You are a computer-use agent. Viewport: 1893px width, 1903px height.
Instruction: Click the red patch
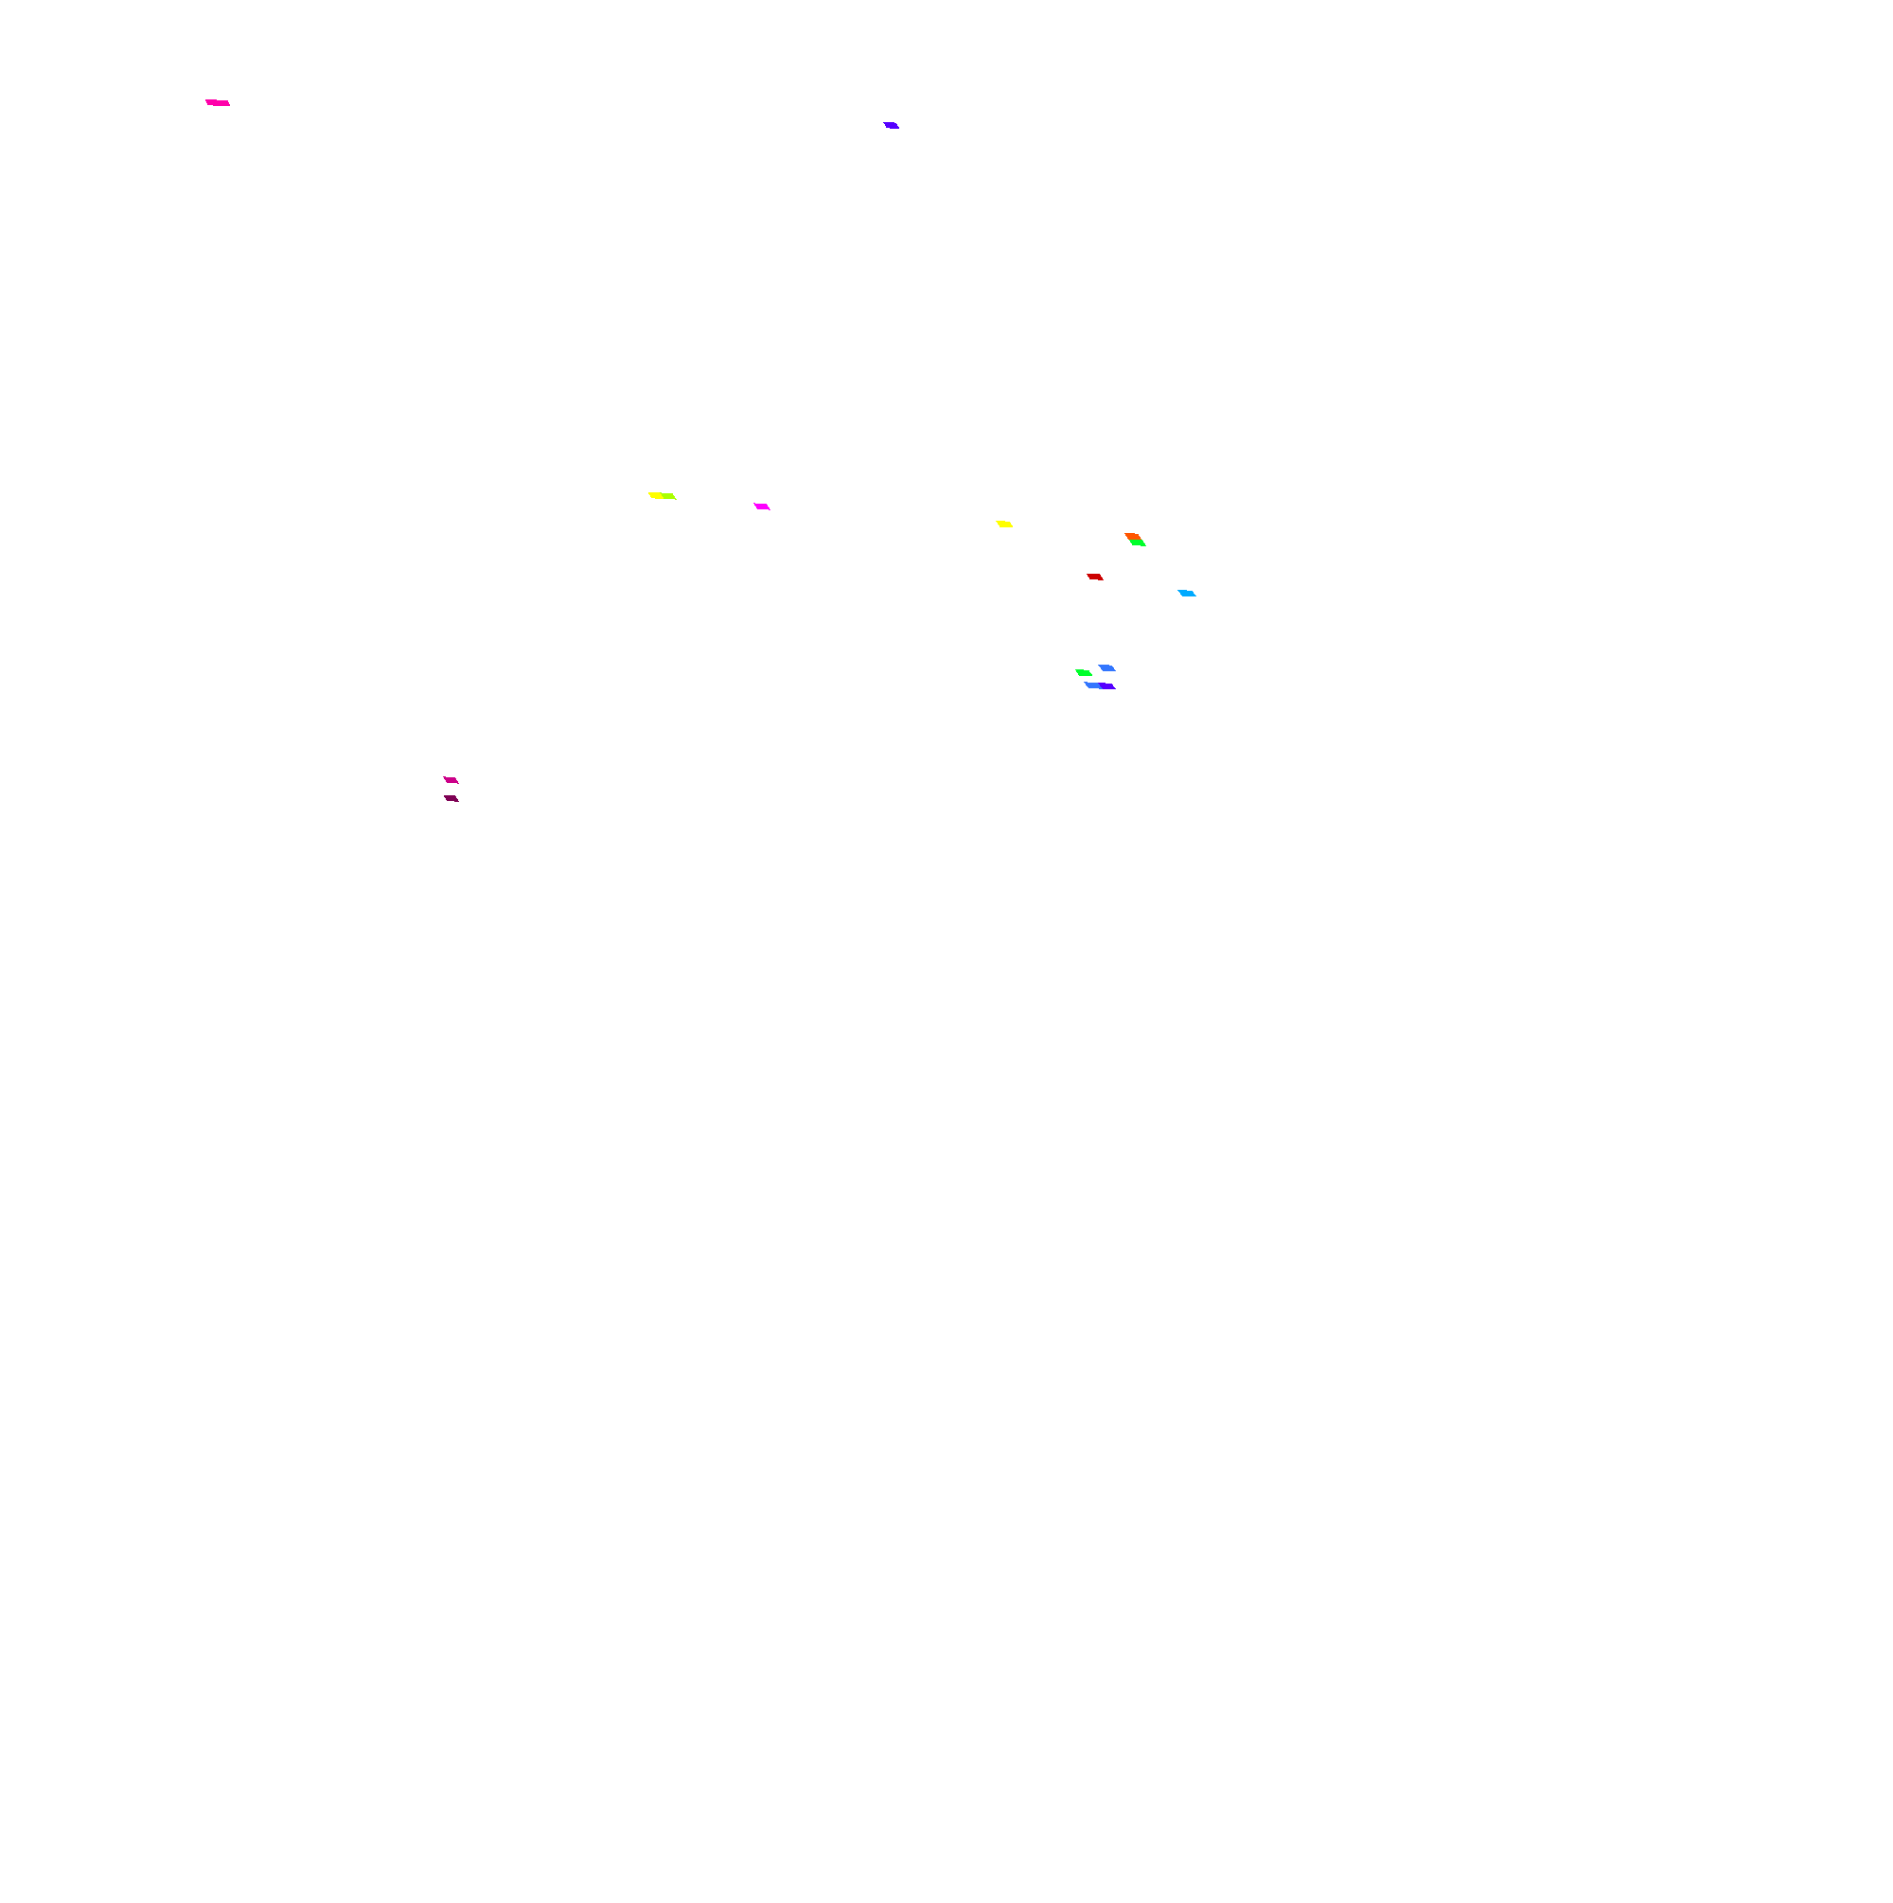pos(1094,577)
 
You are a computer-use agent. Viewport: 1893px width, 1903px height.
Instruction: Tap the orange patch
pos(1132,536)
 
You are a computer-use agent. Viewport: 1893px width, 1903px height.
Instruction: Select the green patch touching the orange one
pos(1138,542)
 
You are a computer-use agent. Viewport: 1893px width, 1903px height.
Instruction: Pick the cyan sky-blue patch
pos(1187,593)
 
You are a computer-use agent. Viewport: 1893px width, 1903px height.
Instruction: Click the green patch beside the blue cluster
pos(1084,673)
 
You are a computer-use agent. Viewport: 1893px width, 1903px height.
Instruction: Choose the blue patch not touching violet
pos(1107,667)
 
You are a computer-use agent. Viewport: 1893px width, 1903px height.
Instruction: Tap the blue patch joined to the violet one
pos(1092,685)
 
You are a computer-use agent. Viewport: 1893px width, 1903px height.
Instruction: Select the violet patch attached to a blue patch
pos(1108,685)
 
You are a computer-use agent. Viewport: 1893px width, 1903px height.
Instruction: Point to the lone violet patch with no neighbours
pos(891,125)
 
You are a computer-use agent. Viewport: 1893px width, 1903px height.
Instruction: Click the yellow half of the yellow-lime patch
pos(655,495)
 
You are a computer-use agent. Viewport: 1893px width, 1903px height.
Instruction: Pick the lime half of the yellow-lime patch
pos(669,496)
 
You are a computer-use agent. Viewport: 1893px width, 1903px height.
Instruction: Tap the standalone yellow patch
pos(1003,524)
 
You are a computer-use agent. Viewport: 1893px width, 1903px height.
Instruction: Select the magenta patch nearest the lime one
pos(761,507)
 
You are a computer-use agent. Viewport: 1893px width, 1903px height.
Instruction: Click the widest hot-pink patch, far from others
pos(218,102)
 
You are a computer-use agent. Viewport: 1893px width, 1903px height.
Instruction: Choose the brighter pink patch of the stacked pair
pos(451,780)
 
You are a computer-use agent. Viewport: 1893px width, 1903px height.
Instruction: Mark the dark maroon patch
pos(451,798)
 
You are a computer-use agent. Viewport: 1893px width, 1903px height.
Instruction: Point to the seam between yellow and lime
pos(662,496)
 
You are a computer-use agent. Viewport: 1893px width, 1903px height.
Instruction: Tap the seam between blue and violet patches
pos(1100,685)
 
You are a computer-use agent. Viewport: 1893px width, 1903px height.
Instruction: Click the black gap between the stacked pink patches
pos(451,789)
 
